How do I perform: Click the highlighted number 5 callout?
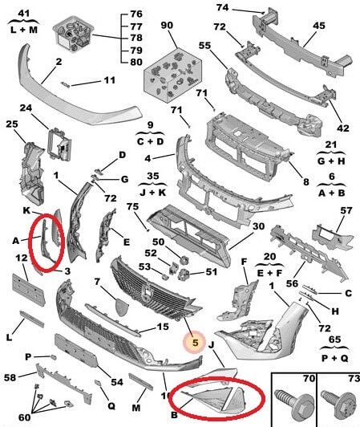point(195,342)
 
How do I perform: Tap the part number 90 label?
point(167,26)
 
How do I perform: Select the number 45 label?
point(319,26)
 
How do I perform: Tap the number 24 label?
point(26,108)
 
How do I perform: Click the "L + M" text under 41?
point(24,30)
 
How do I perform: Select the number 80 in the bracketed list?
point(136,62)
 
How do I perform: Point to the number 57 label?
point(346,210)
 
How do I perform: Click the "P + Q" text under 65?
point(334,358)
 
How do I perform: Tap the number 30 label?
point(258,226)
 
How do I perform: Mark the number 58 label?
point(10,377)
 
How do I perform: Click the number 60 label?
point(25,417)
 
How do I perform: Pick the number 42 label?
point(342,128)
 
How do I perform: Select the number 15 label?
point(163,327)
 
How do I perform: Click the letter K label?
point(26,211)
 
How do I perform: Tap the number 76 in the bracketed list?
point(136,14)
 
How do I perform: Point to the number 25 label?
point(12,124)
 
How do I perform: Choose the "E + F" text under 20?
point(269,273)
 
